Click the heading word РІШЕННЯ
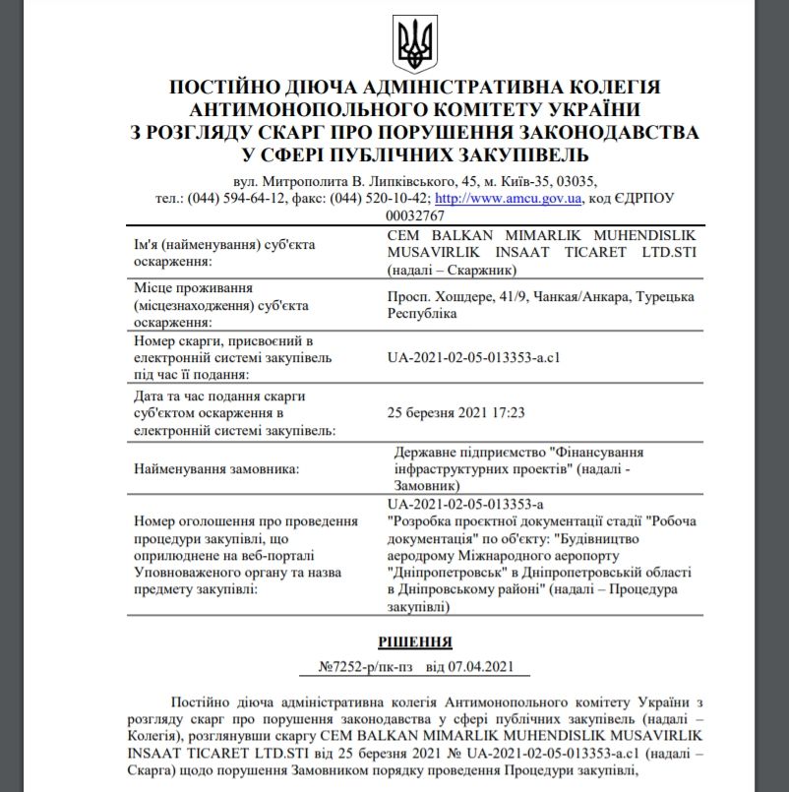click(414, 642)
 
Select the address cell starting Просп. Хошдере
click(541, 304)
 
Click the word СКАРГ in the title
click(285, 131)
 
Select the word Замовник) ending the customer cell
click(425, 485)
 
